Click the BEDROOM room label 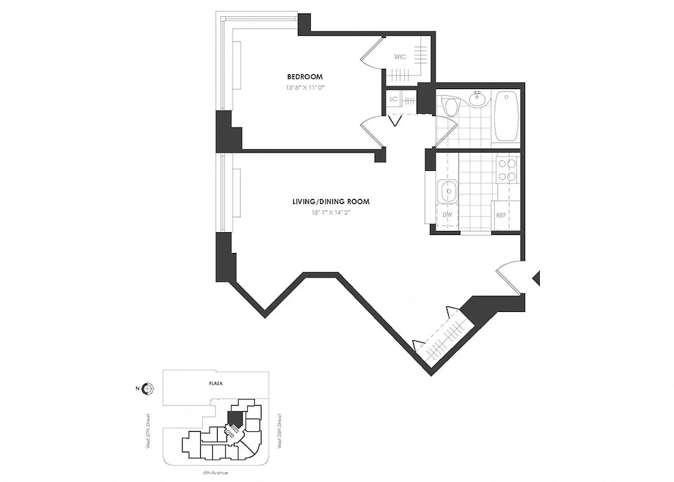[305, 77]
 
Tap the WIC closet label [400, 57]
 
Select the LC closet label [394, 99]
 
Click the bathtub [506, 116]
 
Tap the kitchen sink [447, 192]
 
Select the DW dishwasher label [447, 214]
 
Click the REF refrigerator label [501, 214]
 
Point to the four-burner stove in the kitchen [508, 169]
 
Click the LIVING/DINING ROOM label [327, 202]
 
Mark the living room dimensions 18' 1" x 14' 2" [327, 212]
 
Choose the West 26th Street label [280, 430]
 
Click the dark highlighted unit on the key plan [234, 416]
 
